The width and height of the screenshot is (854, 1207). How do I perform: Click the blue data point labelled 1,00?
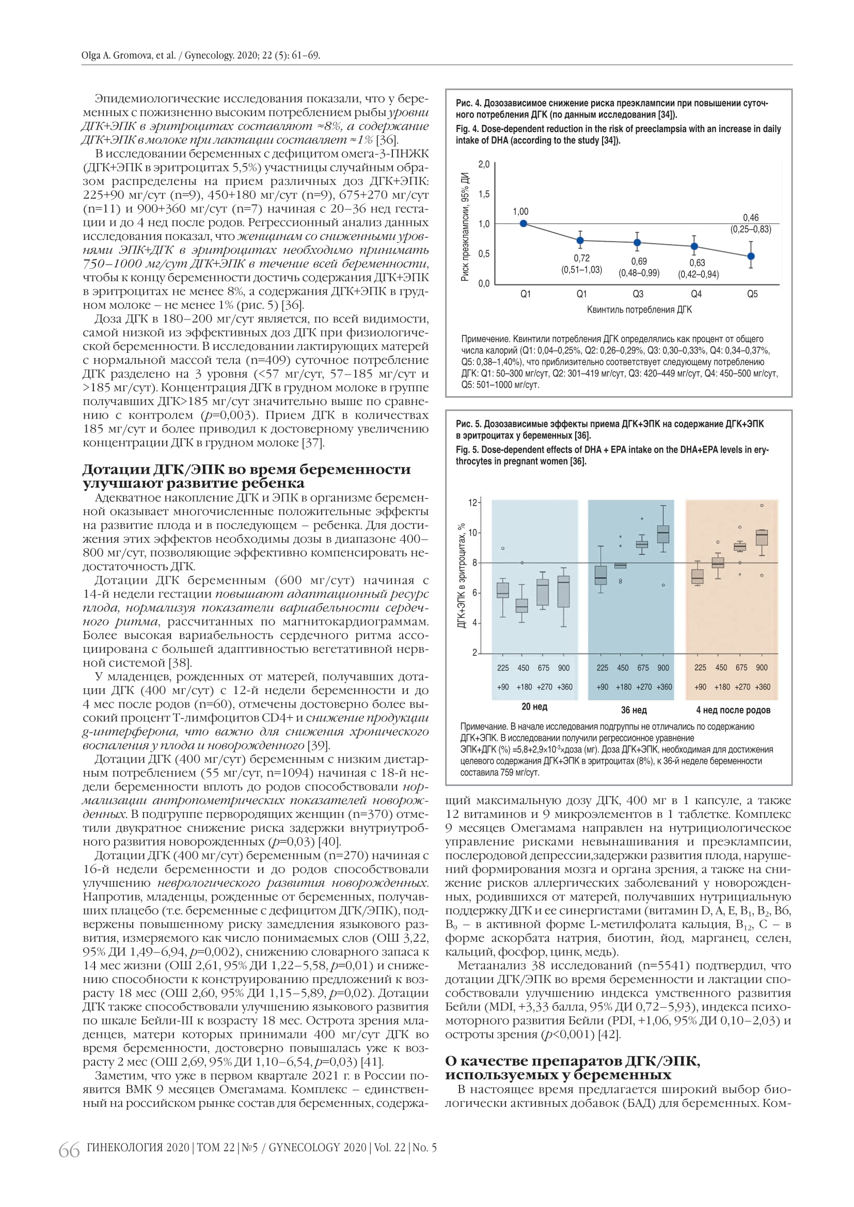click(523, 223)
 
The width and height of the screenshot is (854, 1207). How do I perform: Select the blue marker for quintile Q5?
click(751, 256)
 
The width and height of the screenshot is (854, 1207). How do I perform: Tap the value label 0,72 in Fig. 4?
click(581, 258)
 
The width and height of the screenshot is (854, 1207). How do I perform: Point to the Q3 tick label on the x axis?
click(638, 294)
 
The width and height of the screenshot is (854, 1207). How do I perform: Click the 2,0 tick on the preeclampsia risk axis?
click(484, 165)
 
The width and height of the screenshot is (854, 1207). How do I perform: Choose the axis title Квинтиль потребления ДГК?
click(639, 310)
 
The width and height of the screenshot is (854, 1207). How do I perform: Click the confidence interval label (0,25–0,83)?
click(750, 229)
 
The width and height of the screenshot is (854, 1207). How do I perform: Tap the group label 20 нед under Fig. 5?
click(534, 706)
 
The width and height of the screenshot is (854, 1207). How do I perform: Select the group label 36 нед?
click(634, 710)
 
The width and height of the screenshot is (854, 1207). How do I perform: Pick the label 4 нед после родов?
click(733, 710)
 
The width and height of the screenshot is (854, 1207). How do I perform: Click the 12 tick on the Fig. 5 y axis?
click(472, 503)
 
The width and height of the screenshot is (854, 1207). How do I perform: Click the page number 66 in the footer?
click(69, 1150)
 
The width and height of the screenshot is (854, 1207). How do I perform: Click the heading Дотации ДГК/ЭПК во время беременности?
click(247, 469)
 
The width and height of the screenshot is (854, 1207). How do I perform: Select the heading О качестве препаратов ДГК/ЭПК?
click(572, 1061)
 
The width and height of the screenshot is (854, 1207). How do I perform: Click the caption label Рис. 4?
click(467, 103)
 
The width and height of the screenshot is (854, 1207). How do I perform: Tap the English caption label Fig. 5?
click(467, 449)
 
